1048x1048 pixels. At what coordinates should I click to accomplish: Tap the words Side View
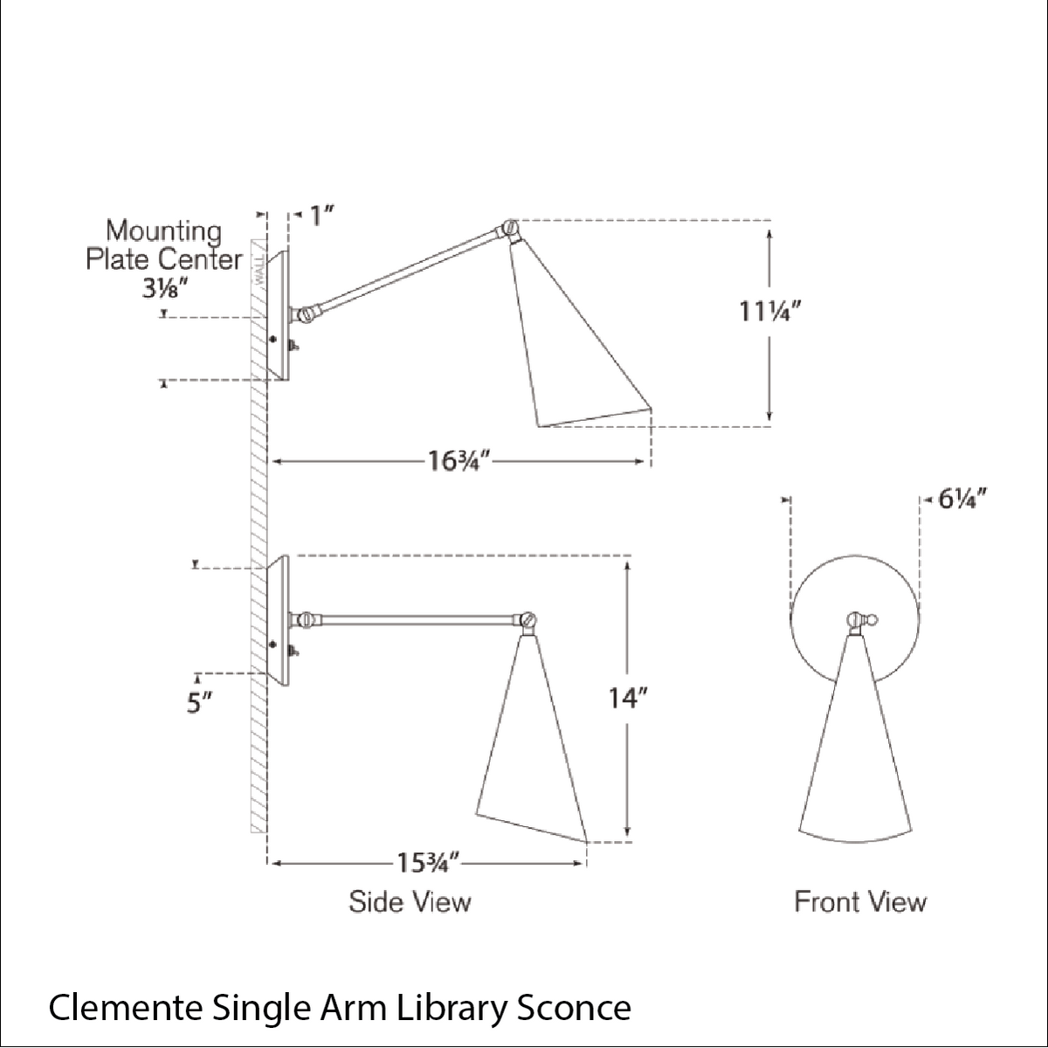[410, 901]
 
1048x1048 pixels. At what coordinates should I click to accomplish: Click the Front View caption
[859, 901]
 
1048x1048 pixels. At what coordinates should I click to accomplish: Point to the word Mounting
[163, 231]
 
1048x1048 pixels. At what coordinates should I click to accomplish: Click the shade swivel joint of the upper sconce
[509, 230]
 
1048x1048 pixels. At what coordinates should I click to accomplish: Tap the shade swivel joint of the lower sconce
[527, 620]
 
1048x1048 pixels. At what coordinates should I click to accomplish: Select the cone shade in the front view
[856, 760]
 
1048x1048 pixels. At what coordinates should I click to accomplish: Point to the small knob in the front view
[871, 622]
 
